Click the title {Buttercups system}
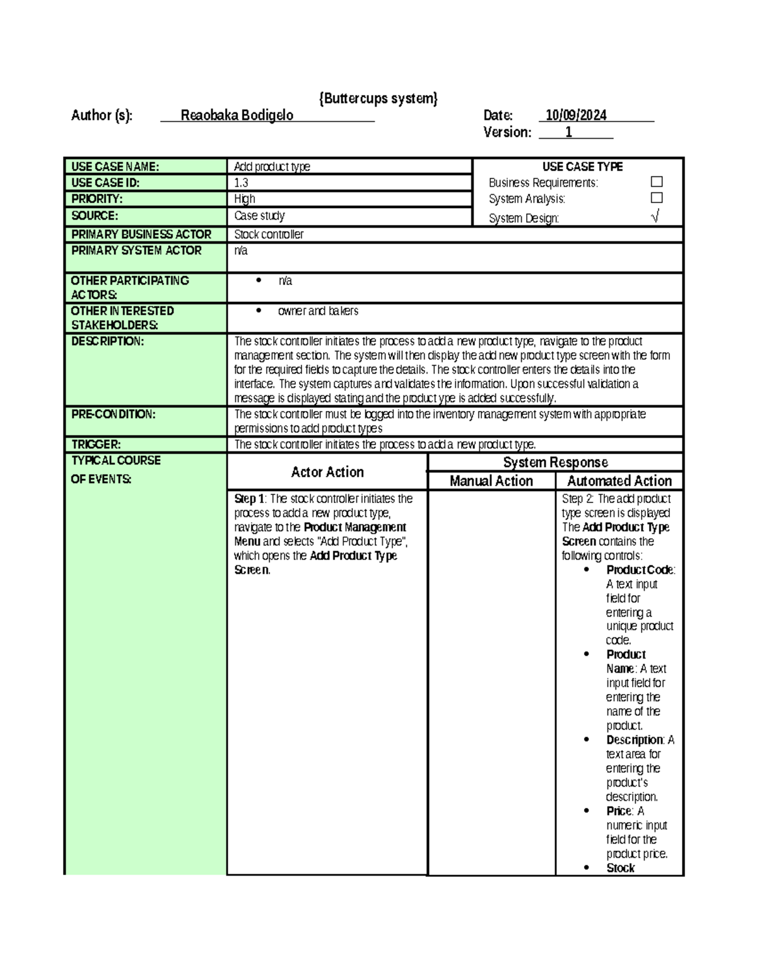coord(378,98)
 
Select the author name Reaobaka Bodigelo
coord(237,115)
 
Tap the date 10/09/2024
coord(576,115)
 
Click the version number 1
coord(568,132)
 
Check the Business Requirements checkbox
coord(656,182)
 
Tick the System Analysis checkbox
coord(656,198)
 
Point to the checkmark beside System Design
coord(655,217)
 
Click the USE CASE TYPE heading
coord(582,167)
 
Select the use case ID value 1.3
coord(241,183)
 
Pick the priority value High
coord(245,199)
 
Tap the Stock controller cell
coord(269,235)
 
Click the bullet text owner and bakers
coord(318,311)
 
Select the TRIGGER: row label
coord(96,444)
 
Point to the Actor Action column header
coord(327,472)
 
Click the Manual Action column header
coord(491,481)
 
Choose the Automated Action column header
coord(619,481)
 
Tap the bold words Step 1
coord(249,499)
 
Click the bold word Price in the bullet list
coord(619,811)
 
